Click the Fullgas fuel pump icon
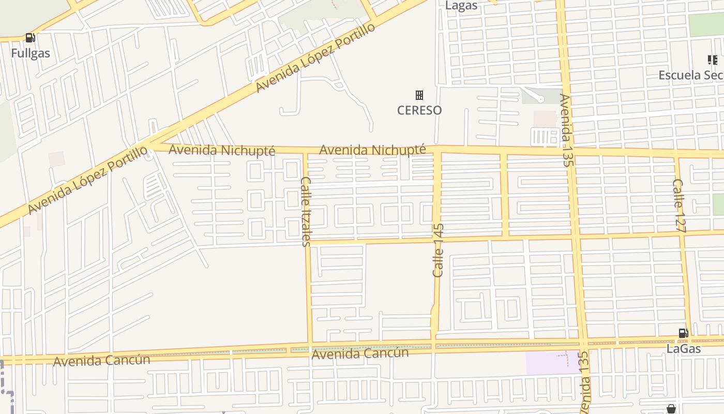(30, 38)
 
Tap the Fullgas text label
(31, 53)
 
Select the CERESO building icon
(419, 95)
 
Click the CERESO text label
(419, 110)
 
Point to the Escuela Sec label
(691, 75)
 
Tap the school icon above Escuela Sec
(712, 60)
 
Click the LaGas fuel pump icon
(683, 334)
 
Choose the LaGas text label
(683, 349)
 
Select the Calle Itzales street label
(305, 211)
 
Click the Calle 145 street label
(438, 250)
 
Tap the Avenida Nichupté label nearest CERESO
(372, 150)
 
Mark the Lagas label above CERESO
(461, 6)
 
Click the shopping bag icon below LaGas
(671, 409)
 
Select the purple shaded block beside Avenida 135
(551, 362)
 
